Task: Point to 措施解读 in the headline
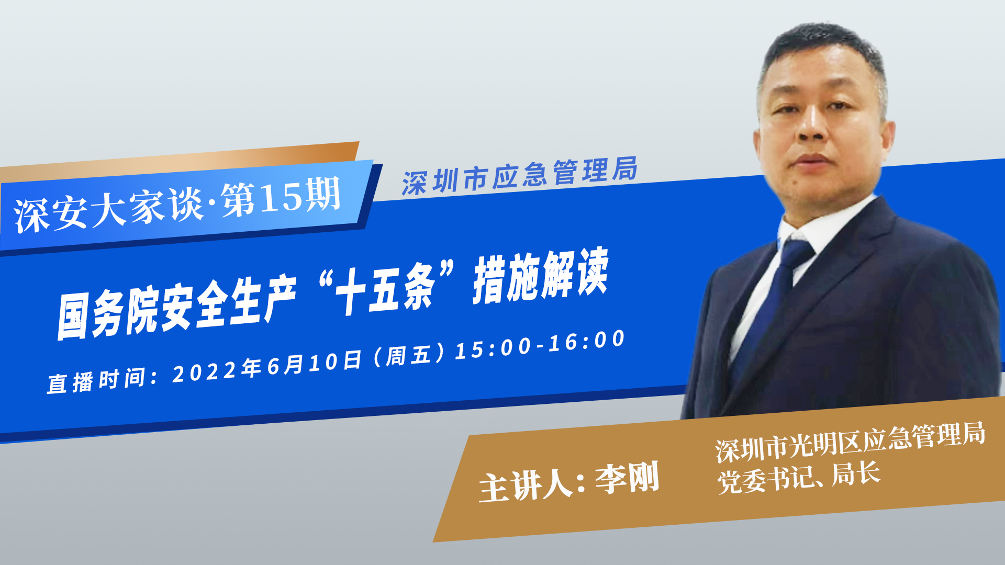pos(541,275)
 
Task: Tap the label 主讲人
pos(526,486)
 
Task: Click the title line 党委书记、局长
pos(799,477)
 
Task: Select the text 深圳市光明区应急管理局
pos(851,442)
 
